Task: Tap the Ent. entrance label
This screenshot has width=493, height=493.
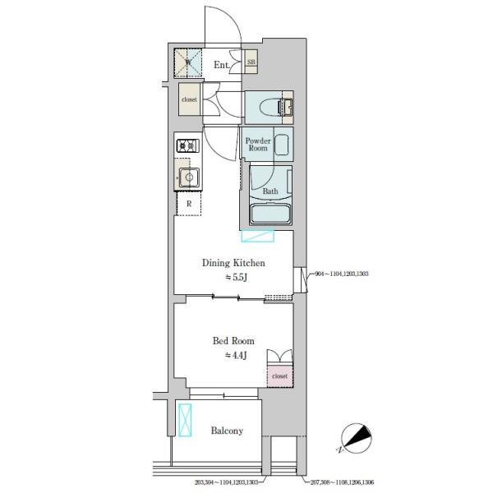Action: [222, 64]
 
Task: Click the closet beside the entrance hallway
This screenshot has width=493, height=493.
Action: [190, 100]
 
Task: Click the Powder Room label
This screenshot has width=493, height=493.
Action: [258, 144]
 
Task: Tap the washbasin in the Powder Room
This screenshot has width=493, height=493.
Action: [282, 145]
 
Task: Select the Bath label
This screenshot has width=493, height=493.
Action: [270, 192]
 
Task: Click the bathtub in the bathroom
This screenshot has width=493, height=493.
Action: [270, 215]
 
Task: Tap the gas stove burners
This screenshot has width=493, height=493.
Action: [187, 146]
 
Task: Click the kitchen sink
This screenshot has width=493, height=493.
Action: [188, 177]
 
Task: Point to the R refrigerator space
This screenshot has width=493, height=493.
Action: [189, 203]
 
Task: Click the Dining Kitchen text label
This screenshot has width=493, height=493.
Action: [234, 263]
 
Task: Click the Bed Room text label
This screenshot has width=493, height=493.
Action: [233, 340]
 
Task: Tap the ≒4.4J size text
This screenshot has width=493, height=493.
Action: [236, 355]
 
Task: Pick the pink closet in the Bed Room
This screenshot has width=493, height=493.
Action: [279, 375]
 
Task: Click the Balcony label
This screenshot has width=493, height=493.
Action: [226, 431]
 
